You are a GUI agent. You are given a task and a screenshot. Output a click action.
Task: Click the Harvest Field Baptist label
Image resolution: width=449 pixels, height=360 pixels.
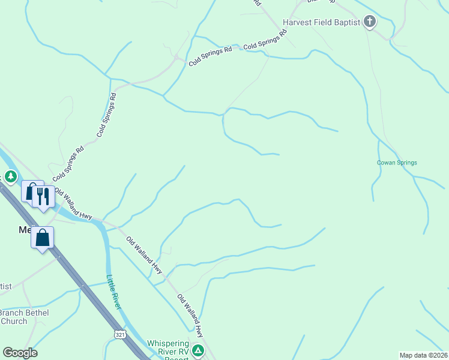pyautogui.click(x=321, y=23)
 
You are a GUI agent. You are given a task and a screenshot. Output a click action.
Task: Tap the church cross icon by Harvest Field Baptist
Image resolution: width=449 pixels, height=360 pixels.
pyautogui.click(x=370, y=23)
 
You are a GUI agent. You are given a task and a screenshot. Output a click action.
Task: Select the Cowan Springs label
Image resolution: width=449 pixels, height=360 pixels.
pyautogui.click(x=397, y=163)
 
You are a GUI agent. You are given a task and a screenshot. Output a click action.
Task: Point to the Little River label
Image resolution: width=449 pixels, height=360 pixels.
pyautogui.click(x=114, y=292)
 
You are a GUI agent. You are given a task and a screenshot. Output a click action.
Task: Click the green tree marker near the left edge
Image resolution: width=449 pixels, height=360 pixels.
pyautogui.click(x=10, y=177)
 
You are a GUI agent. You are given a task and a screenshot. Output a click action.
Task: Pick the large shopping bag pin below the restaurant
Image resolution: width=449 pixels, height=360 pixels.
pyautogui.click(x=43, y=238)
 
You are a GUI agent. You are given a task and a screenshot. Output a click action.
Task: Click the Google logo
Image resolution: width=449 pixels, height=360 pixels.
pyautogui.click(x=20, y=353)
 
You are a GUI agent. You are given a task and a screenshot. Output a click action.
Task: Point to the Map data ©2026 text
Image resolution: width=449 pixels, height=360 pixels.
pyautogui.click(x=423, y=355)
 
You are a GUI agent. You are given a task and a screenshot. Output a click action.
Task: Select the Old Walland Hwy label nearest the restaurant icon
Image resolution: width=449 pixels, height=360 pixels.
pyautogui.click(x=73, y=205)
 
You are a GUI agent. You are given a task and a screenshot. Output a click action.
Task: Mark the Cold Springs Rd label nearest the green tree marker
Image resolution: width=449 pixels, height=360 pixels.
pyautogui.click(x=68, y=163)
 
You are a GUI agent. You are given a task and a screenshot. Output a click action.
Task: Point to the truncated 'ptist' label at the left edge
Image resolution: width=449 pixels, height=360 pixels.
pyautogui.click(x=6, y=286)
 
